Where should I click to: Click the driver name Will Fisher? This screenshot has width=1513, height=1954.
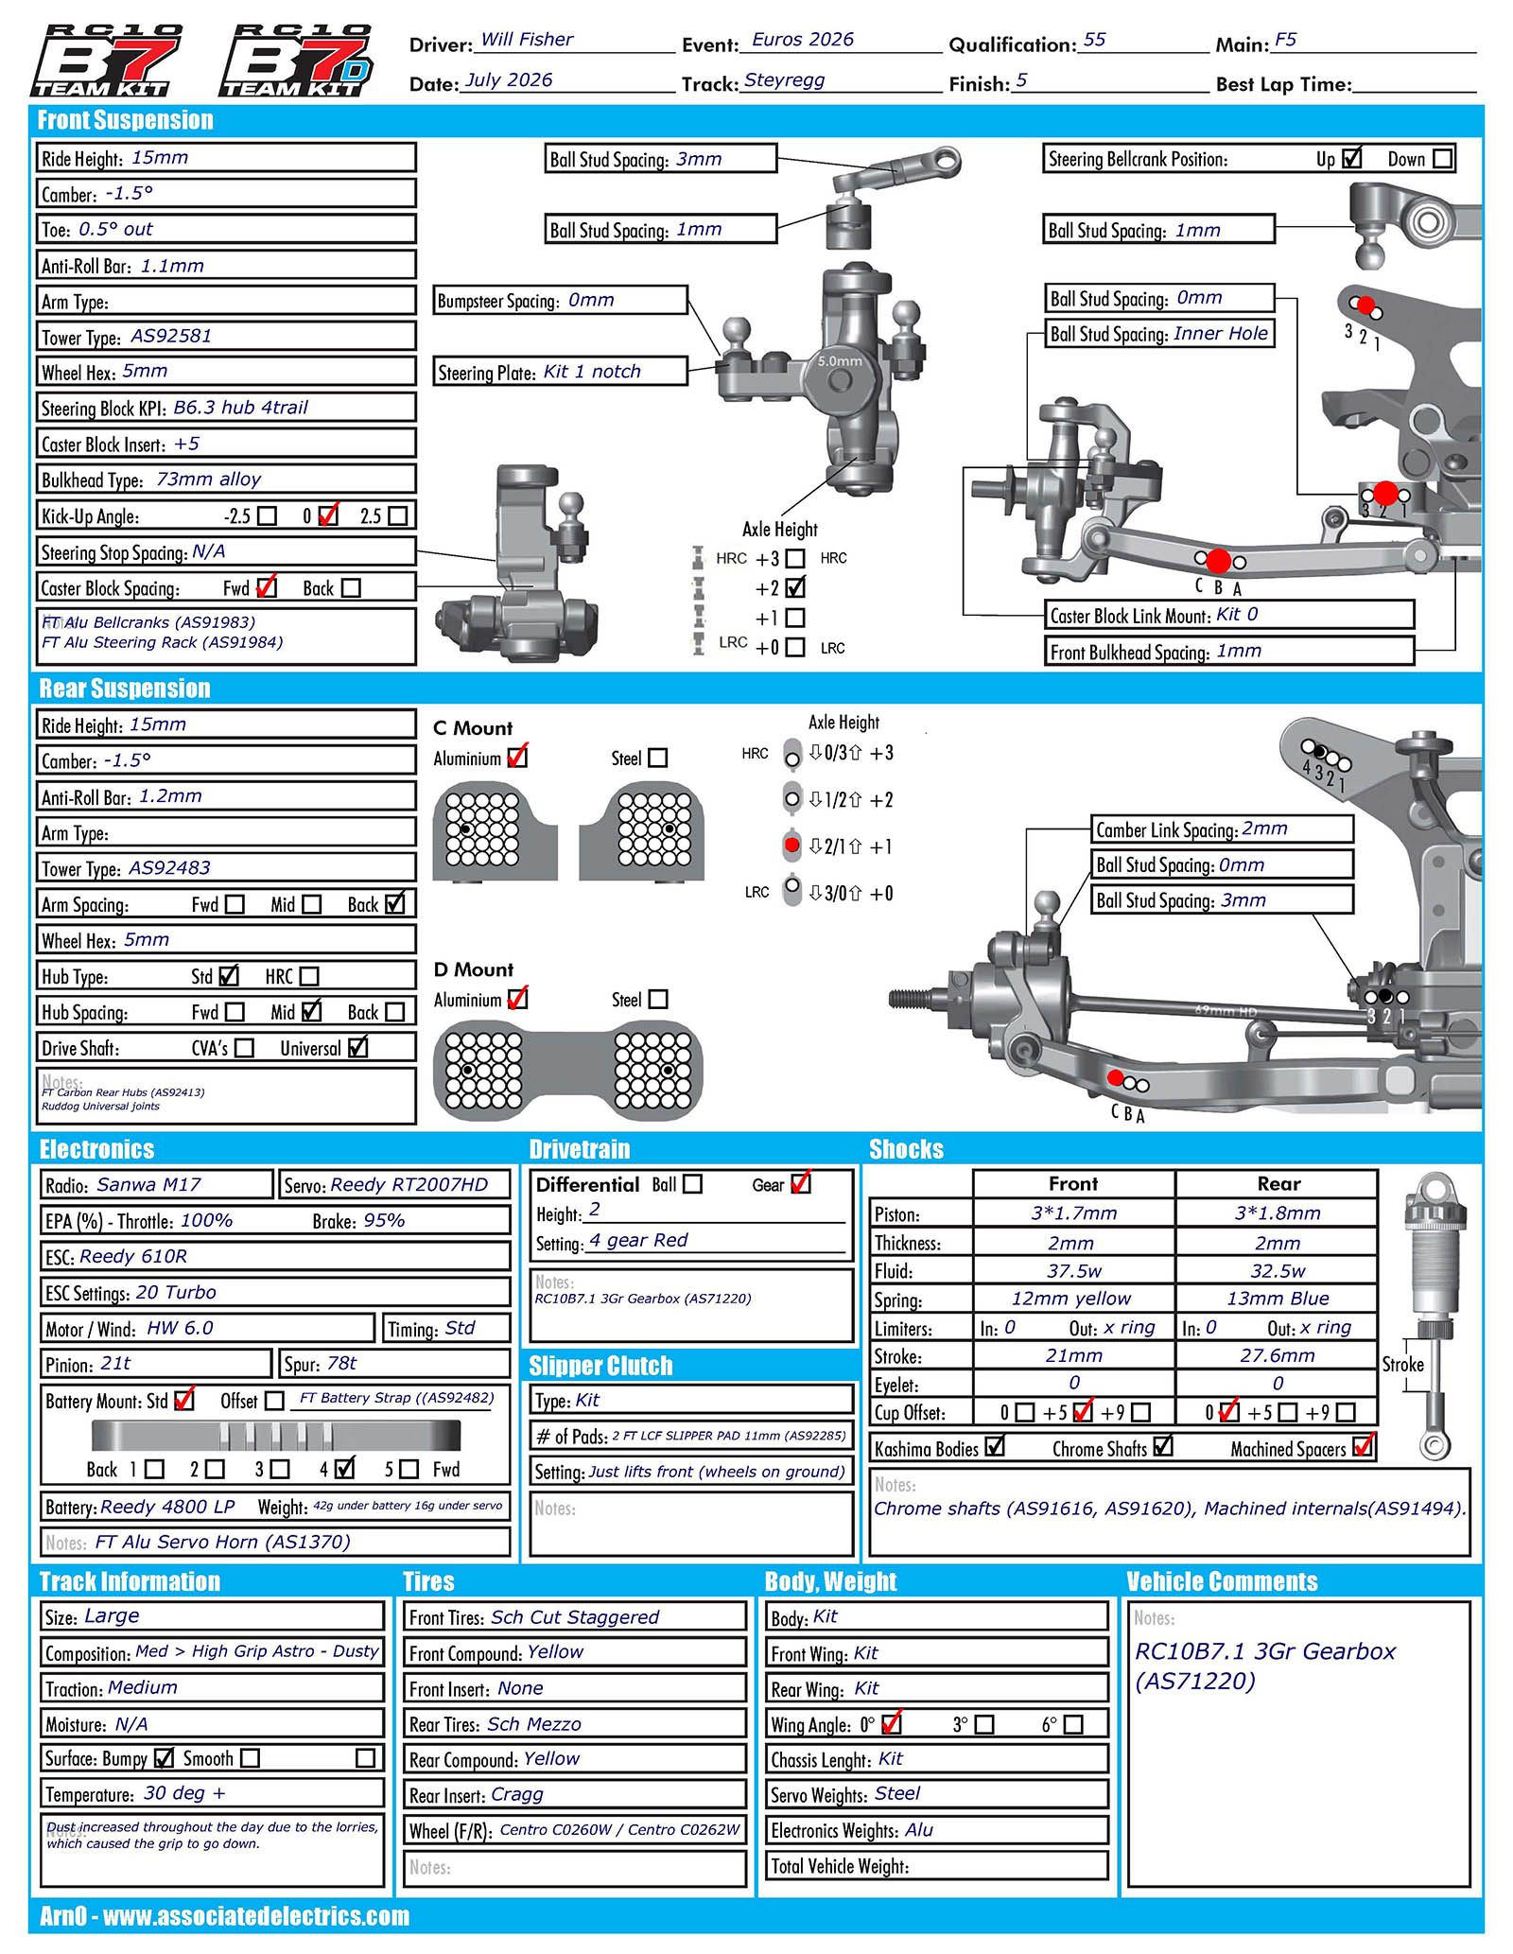click(x=527, y=40)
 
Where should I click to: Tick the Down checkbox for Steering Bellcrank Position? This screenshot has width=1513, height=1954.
click(x=1443, y=159)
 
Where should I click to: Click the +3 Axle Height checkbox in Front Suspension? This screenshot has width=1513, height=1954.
click(x=795, y=559)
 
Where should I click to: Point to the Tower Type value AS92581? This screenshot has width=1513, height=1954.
click(x=171, y=336)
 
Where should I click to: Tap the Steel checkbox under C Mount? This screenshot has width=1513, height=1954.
click(x=658, y=758)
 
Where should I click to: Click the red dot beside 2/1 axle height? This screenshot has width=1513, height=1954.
click(x=792, y=845)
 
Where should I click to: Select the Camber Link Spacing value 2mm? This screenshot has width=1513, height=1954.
click(x=1265, y=829)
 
